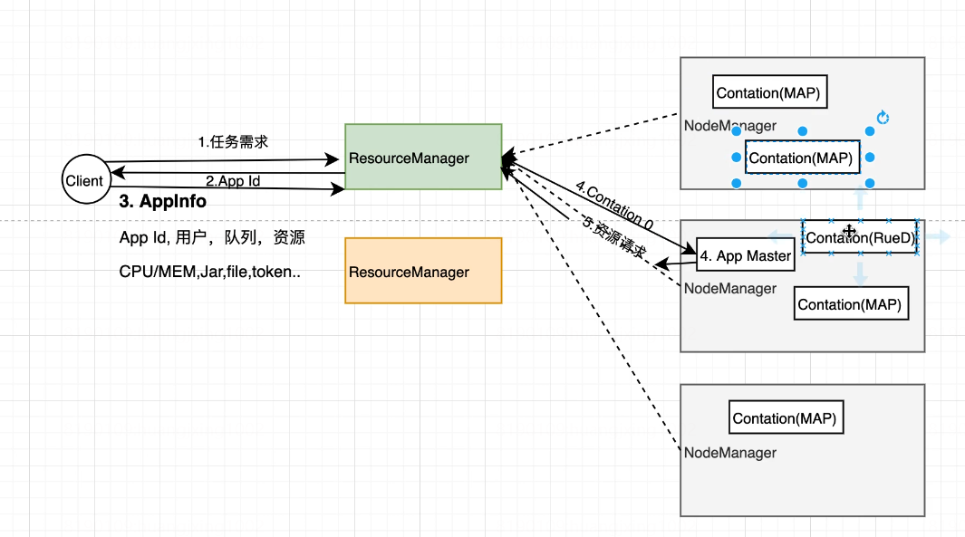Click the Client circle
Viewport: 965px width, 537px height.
84,181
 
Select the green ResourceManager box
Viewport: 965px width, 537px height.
423,157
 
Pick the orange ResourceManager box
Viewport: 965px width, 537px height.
423,271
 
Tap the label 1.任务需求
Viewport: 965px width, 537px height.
233,142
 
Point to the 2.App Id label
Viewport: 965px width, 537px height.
233,181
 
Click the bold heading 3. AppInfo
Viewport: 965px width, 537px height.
163,202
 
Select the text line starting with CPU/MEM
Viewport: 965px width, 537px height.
209,272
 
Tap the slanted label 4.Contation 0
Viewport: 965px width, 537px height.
613,206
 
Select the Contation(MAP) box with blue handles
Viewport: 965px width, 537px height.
802,158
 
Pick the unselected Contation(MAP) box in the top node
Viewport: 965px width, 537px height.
771,92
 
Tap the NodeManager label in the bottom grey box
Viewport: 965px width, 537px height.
729,453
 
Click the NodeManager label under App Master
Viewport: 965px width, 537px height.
729,289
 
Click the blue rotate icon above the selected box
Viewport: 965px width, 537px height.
884,118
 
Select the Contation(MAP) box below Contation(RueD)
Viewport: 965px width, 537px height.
850,305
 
